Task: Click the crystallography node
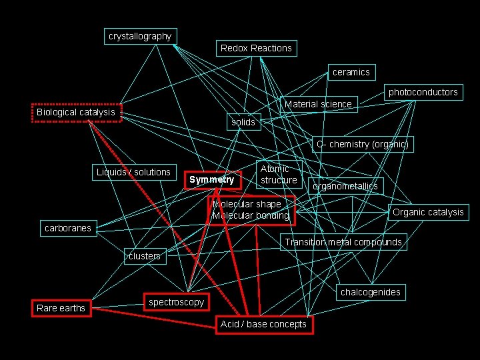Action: [x=140, y=36]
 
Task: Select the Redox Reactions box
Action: [x=256, y=48]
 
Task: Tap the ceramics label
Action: [x=351, y=72]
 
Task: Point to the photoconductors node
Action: [x=423, y=92]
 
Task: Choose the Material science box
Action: [x=318, y=104]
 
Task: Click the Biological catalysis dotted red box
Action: [x=75, y=112]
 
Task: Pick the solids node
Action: [x=243, y=122]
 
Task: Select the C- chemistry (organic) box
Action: [x=362, y=144]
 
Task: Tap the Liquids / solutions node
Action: [x=133, y=172]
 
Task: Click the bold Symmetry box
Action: [x=211, y=179]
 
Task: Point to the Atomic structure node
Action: [x=279, y=175]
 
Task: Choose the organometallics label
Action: [x=345, y=186]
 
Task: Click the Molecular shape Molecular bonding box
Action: [x=251, y=209]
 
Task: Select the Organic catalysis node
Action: [x=427, y=212]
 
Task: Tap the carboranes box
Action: [x=67, y=228]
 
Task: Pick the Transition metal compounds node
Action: [x=343, y=242]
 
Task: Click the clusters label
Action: [x=144, y=256]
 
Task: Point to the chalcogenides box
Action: [x=370, y=292]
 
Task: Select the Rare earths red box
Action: [x=61, y=308]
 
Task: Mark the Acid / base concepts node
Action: [x=263, y=324]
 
